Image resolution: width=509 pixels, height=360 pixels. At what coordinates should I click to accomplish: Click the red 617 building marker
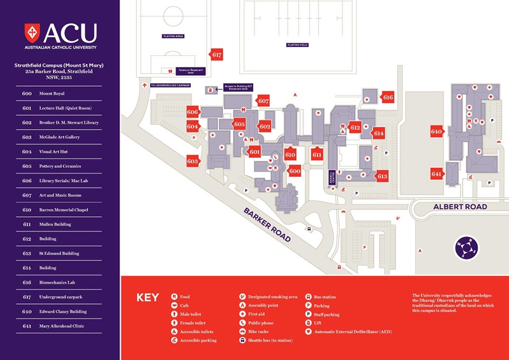pos(217,55)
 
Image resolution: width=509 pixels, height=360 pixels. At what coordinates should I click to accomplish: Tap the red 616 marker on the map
pos(387,97)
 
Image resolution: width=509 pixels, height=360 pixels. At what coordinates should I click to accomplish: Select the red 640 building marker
pos(436,132)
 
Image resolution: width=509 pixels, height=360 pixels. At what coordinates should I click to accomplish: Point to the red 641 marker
pos(436,174)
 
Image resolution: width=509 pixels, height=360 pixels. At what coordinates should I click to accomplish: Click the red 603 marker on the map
pos(193,162)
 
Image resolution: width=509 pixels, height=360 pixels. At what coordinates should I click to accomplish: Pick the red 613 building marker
pos(382,176)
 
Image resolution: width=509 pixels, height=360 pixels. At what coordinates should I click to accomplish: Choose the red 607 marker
pos(263,101)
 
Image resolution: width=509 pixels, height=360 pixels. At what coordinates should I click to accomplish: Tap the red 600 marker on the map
pos(295,171)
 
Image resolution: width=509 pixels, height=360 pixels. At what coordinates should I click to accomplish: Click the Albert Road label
pos(460,207)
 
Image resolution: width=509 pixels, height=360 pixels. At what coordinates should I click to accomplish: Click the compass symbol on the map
pos(467,247)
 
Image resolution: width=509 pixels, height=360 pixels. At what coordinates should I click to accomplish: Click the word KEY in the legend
pos(148,297)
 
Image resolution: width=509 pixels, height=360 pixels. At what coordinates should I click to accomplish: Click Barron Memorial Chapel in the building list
pos(62,210)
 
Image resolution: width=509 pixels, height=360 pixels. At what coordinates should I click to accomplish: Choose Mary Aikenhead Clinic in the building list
pos(62,326)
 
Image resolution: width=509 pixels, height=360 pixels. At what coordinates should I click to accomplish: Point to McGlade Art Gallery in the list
pos(59,137)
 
